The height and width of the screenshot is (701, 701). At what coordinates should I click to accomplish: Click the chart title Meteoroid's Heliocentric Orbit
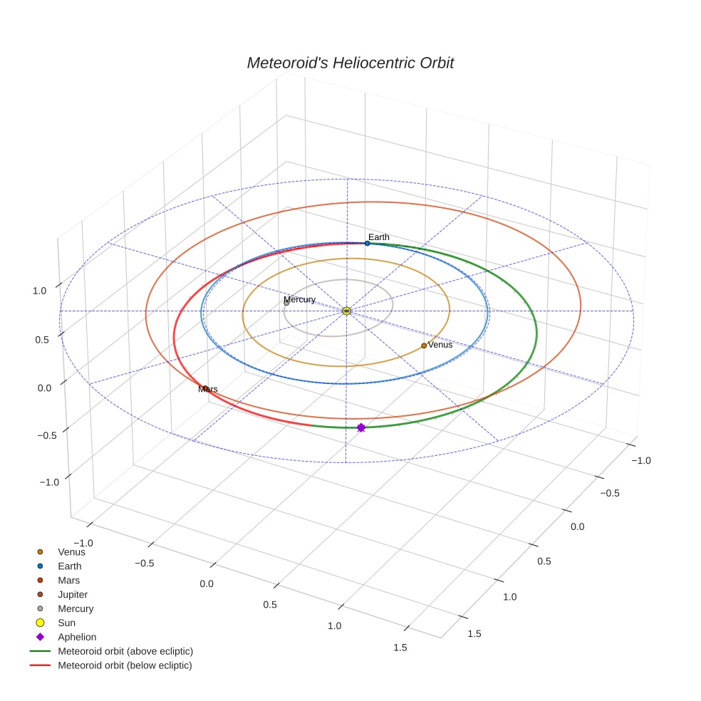[x=350, y=63]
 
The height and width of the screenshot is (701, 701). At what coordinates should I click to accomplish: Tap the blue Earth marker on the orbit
[x=367, y=243]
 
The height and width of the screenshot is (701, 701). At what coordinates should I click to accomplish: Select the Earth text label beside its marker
[x=378, y=237]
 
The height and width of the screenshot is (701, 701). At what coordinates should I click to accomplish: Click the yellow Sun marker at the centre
[x=346, y=311]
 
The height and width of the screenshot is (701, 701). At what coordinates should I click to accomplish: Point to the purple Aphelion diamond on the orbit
[x=360, y=427]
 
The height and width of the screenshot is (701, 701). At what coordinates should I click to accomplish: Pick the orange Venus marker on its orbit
[x=424, y=346]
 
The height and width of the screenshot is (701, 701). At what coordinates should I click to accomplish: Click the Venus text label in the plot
[x=440, y=345]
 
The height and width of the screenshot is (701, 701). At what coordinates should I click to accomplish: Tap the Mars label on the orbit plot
[x=208, y=389]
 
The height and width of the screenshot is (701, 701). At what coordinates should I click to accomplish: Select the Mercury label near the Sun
[x=299, y=299]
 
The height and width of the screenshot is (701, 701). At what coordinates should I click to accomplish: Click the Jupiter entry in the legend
[x=73, y=594]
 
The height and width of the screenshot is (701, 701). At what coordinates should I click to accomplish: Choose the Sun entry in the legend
[x=66, y=623]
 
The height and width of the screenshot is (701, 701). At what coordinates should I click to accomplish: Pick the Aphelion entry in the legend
[x=77, y=637]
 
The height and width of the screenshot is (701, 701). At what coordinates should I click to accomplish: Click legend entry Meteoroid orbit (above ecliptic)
[x=125, y=651]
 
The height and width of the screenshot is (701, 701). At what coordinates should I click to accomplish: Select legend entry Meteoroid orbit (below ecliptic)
[x=125, y=665]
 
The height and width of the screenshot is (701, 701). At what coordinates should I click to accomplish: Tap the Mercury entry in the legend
[x=76, y=608]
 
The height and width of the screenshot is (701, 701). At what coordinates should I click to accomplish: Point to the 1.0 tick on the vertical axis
[x=39, y=291]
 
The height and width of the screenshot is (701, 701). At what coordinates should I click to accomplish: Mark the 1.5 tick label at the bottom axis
[x=400, y=647]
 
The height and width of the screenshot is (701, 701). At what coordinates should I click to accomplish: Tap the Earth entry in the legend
[x=70, y=566]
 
